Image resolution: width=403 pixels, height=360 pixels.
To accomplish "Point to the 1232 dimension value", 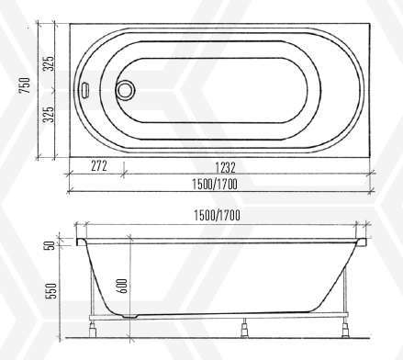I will [x=227, y=166].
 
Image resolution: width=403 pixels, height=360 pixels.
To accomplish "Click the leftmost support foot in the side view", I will [x=94, y=324].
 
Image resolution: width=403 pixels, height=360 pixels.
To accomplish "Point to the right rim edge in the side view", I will [x=362, y=242].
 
